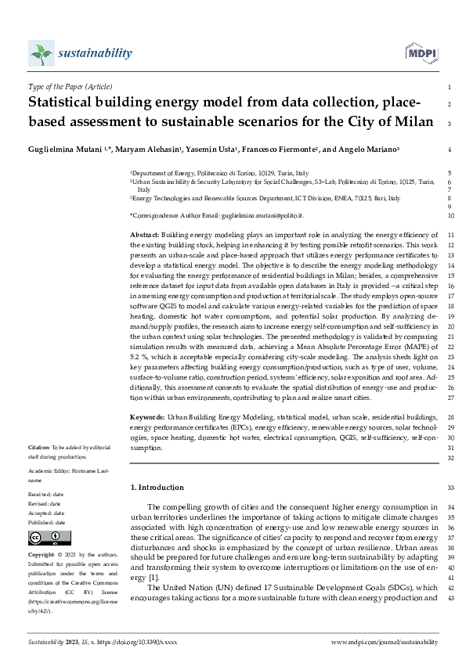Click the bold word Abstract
click(x=143, y=236)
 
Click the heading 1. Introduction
click(x=157, y=488)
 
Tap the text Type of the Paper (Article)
click(x=69, y=87)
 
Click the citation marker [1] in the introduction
click(x=153, y=578)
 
